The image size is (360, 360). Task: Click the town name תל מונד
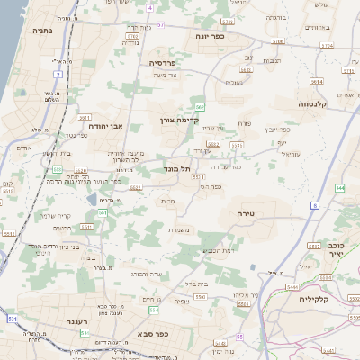(x=178, y=168)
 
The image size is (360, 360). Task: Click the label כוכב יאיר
(x=337, y=250)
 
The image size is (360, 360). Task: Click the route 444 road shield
(x=339, y=188)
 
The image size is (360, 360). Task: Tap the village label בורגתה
(x=274, y=17)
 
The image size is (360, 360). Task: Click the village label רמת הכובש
(x=218, y=249)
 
